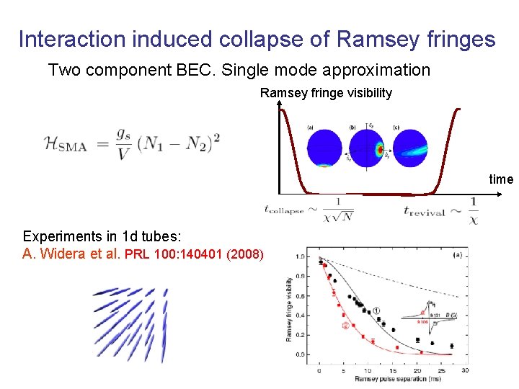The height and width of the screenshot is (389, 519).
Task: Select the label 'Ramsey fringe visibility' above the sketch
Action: (326, 93)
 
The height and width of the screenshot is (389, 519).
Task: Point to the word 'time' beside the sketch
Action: (500, 179)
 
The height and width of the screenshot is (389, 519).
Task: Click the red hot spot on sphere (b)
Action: (380, 151)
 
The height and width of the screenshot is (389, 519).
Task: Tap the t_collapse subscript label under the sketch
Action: (285, 210)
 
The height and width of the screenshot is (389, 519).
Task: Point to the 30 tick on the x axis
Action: (466, 370)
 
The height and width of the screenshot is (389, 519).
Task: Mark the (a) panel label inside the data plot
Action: (456, 254)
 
